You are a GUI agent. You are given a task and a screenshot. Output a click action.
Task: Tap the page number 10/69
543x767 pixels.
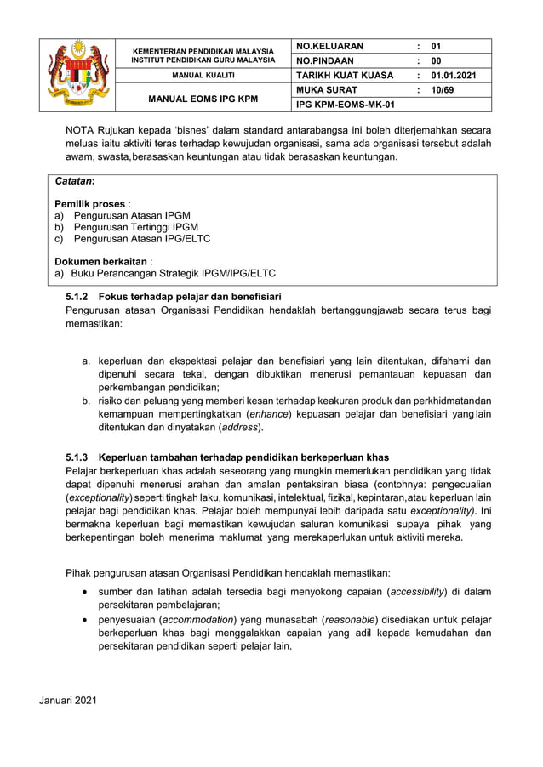point(443,89)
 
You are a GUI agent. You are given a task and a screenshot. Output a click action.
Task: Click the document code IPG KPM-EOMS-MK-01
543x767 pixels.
point(346,104)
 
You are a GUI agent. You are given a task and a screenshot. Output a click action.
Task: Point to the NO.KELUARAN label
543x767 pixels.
point(329,46)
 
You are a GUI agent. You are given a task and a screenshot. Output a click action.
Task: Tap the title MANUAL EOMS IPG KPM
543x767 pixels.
point(203,99)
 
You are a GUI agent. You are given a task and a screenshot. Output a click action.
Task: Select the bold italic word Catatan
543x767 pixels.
point(74,182)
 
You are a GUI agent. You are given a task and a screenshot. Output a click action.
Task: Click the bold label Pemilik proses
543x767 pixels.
point(89,204)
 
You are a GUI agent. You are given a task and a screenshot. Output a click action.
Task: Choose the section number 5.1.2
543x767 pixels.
point(79,298)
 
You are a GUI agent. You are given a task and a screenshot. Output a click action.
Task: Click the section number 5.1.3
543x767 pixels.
point(79,457)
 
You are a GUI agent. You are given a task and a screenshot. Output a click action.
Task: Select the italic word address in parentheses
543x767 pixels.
point(240,427)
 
